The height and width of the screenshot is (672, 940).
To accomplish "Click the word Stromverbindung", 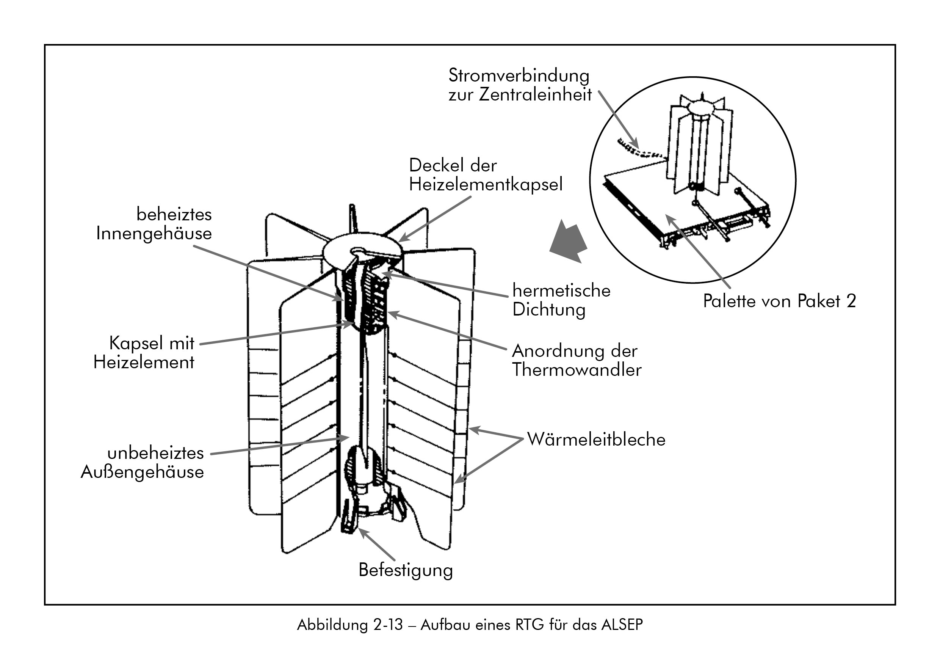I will (x=519, y=76).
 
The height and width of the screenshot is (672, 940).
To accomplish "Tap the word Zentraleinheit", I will (x=536, y=95).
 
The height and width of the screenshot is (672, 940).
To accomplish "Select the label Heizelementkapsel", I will (x=486, y=185).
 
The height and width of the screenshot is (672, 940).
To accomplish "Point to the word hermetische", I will (x=561, y=290).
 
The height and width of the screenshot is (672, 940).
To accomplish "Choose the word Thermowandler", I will (x=577, y=370).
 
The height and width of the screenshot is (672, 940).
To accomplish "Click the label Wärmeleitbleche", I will (x=596, y=440).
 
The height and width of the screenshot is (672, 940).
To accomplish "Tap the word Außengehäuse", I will (x=142, y=472).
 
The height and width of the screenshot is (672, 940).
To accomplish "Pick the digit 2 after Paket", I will (x=851, y=301).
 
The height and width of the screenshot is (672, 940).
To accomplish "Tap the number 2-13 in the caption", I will (x=387, y=625).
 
